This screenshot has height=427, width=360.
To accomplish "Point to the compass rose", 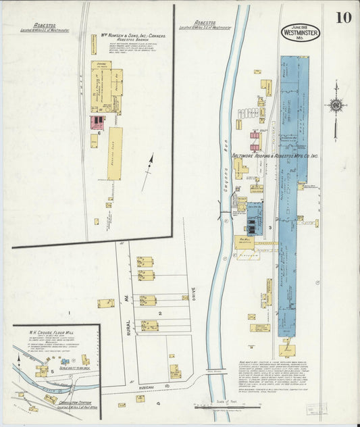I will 336,105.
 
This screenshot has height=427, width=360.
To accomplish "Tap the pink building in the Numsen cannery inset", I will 97,122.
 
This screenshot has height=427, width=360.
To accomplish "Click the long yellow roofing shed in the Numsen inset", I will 115,153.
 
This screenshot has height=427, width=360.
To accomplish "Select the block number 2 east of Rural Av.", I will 160,313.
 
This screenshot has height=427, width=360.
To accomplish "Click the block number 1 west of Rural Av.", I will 69,312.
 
